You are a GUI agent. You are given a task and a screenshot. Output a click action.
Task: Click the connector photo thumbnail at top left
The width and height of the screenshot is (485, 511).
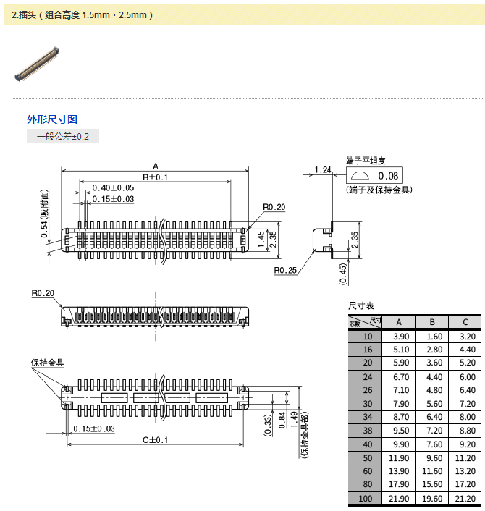tap(37, 64)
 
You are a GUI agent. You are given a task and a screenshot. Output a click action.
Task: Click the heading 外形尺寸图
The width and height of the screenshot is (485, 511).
tap(52, 119)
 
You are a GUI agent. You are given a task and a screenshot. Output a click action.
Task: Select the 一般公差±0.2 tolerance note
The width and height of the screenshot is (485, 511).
tap(63, 136)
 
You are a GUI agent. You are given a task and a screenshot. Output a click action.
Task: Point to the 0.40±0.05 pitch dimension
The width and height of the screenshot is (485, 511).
tap(113, 188)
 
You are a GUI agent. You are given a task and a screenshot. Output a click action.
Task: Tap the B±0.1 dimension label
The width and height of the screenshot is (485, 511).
tap(155, 177)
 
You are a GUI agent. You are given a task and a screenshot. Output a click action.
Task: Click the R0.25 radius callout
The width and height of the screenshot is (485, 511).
tap(285, 271)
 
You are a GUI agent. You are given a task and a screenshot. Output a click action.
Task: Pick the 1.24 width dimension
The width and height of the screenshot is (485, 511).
tap(323, 170)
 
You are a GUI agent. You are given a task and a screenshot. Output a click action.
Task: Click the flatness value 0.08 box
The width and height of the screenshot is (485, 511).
tap(388, 176)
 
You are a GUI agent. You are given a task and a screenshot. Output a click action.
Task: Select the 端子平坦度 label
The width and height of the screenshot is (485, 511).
tap(366, 161)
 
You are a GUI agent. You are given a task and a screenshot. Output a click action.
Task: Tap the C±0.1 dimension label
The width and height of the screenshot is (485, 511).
tap(155, 440)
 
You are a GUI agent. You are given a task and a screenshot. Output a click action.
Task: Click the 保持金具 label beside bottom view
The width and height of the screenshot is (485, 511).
tap(47, 362)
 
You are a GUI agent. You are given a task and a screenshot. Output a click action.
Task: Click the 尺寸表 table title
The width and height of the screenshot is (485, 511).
tap(361, 306)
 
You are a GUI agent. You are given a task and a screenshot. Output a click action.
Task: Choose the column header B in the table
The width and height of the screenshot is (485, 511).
tap(432, 322)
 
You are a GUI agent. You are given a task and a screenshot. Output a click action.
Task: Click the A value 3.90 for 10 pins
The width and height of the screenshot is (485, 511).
tap(401, 337)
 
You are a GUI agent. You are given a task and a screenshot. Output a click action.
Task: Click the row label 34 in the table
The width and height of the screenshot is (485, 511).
tap(367, 418)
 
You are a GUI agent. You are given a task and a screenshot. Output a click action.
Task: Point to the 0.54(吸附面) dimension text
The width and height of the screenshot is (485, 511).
tap(45, 214)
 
